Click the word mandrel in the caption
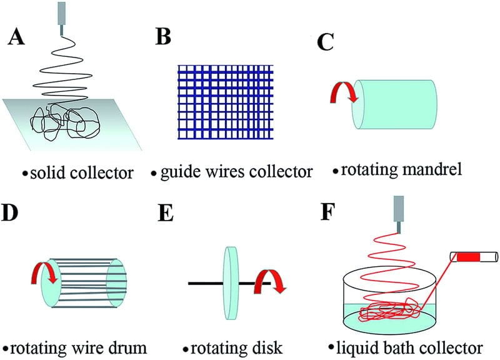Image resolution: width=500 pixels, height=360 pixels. [437, 169]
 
